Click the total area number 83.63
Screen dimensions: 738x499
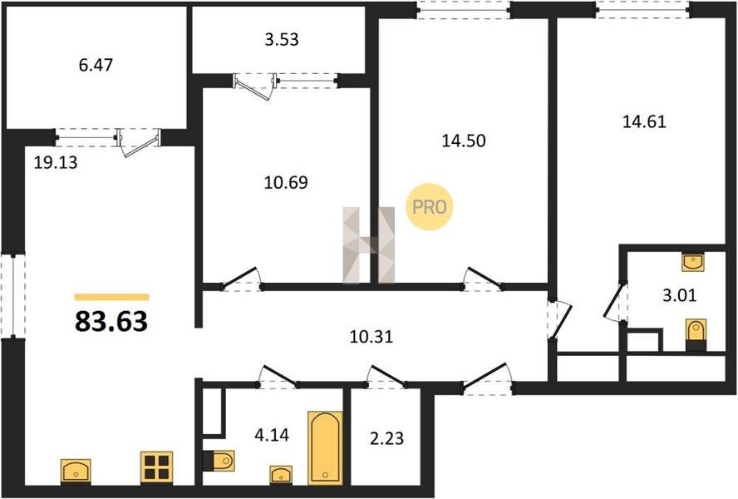click(x=111, y=322)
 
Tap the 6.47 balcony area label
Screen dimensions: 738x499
click(x=96, y=65)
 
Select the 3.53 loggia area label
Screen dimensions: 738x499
click(x=282, y=39)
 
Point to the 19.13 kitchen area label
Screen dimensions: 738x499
click(x=56, y=162)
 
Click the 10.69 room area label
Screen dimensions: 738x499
click(x=286, y=182)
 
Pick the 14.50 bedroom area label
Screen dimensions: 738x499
click(x=464, y=141)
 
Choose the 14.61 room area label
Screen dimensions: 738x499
click(x=644, y=121)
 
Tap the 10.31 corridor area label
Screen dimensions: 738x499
click(x=371, y=337)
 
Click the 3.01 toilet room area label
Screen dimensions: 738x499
click(x=679, y=295)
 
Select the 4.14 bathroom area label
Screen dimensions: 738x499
click(x=272, y=434)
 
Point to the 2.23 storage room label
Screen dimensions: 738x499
click(x=387, y=438)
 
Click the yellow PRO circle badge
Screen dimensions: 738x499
click(x=429, y=207)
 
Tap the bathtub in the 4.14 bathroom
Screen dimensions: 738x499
click(x=325, y=448)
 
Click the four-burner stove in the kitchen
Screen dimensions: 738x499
click(x=157, y=467)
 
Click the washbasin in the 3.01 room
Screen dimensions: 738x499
click(x=693, y=262)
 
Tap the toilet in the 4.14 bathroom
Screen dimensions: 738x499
click(x=219, y=461)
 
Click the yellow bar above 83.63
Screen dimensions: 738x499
click(x=111, y=297)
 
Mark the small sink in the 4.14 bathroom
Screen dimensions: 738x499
click(x=281, y=475)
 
